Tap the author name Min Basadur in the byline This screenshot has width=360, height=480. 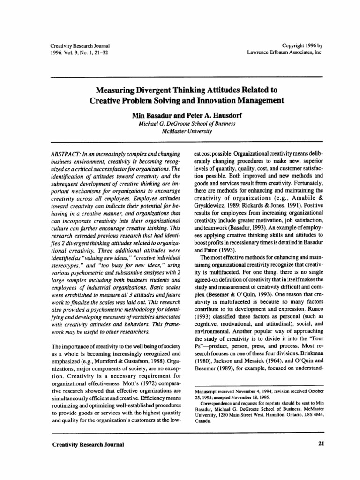pyautogui.click(x=148, y=114)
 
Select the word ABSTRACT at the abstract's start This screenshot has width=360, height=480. pyautogui.click(x=65, y=154)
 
